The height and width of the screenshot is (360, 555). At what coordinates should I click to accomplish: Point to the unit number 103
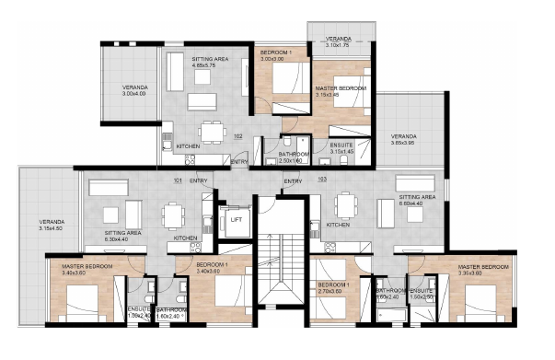321,180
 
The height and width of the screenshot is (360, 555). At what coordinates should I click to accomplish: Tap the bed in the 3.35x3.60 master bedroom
482,299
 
